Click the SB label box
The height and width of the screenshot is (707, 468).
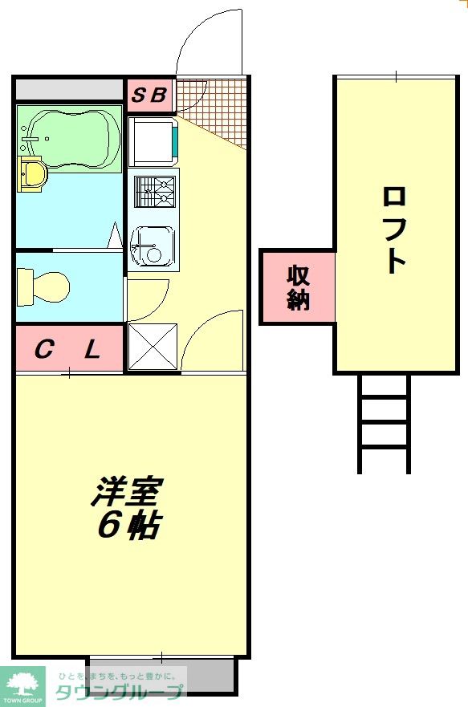coord(150,96)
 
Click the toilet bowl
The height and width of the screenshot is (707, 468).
coord(44,284)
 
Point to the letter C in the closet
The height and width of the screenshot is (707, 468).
coord(44,350)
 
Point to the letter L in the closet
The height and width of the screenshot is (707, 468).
coord(92,350)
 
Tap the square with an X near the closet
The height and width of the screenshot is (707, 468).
coord(153,347)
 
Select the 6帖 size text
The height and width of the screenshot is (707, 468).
coord(128,526)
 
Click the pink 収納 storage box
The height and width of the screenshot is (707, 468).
coord(298,287)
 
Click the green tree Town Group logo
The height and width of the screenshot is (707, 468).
coord(22,685)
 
